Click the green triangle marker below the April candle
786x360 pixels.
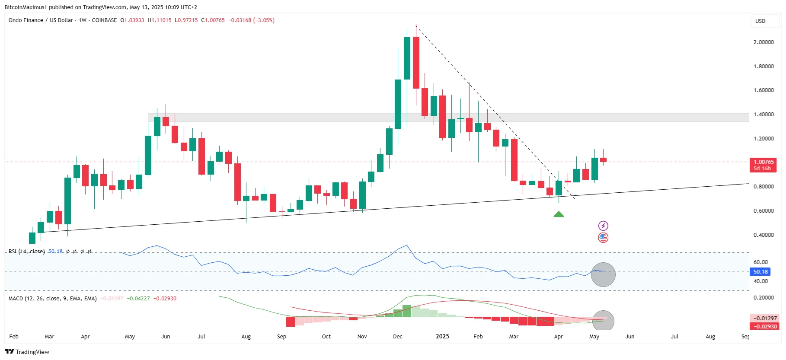[x=559, y=214]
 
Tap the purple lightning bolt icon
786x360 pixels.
[x=603, y=226]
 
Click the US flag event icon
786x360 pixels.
[x=603, y=237]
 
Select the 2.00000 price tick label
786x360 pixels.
[x=764, y=42]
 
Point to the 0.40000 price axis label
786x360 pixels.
[x=764, y=235]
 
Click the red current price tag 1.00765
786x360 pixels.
[x=764, y=162]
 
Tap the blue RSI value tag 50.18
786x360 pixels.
[x=760, y=272]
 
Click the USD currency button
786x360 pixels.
[x=760, y=21]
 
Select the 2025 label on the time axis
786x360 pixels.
[x=442, y=337]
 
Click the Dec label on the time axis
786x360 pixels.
[x=398, y=337]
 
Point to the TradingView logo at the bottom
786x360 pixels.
[x=27, y=352]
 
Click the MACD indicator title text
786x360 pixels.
[x=52, y=299]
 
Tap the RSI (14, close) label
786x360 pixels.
[x=26, y=252]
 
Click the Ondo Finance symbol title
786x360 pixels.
[x=26, y=20]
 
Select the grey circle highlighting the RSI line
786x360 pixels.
[x=603, y=274]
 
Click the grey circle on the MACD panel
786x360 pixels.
[x=603, y=321]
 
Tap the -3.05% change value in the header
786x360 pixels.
[x=264, y=20]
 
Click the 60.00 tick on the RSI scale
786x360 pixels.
[x=760, y=262]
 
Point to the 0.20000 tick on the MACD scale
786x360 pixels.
[x=764, y=298]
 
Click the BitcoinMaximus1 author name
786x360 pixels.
[x=26, y=7]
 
